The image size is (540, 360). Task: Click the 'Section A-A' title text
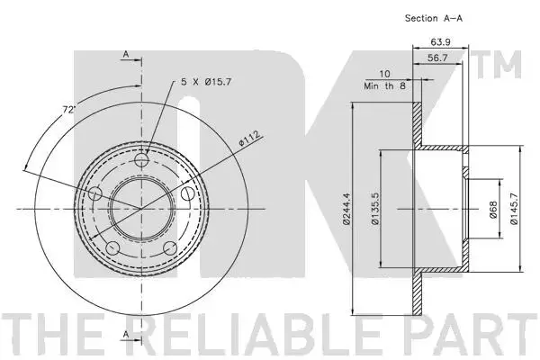pos(434,18)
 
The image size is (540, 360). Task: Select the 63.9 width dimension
pos(440,42)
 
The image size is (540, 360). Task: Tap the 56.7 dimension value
pos(437,58)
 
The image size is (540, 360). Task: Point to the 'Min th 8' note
pos(384,86)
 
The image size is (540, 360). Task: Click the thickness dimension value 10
pos(384,74)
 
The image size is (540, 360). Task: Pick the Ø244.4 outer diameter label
pos(346,209)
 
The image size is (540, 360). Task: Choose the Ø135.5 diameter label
pos(375,209)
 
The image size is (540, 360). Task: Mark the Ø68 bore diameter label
pos(493,210)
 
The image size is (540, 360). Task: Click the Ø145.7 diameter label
pos(514,209)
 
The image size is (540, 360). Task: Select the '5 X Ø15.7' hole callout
pos(206,82)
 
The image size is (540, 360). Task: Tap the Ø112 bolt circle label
pos(249,139)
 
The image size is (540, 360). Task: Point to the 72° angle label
pos(68,110)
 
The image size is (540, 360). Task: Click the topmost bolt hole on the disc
pos(141,160)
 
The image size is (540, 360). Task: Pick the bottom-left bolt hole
pos(112,248)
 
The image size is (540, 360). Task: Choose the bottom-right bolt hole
pos(170,248)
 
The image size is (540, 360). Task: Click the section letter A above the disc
pos(126,54)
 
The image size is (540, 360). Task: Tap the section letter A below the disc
pos(126,334)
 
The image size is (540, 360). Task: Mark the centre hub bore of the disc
pos(141,209)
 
